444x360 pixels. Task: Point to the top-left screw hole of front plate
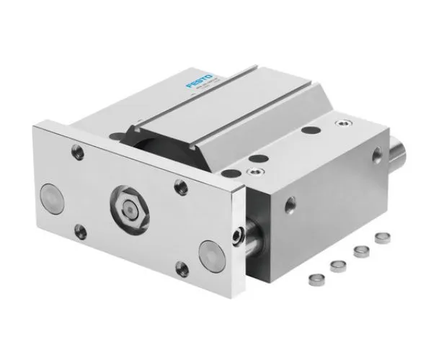[x=75, y=152]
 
